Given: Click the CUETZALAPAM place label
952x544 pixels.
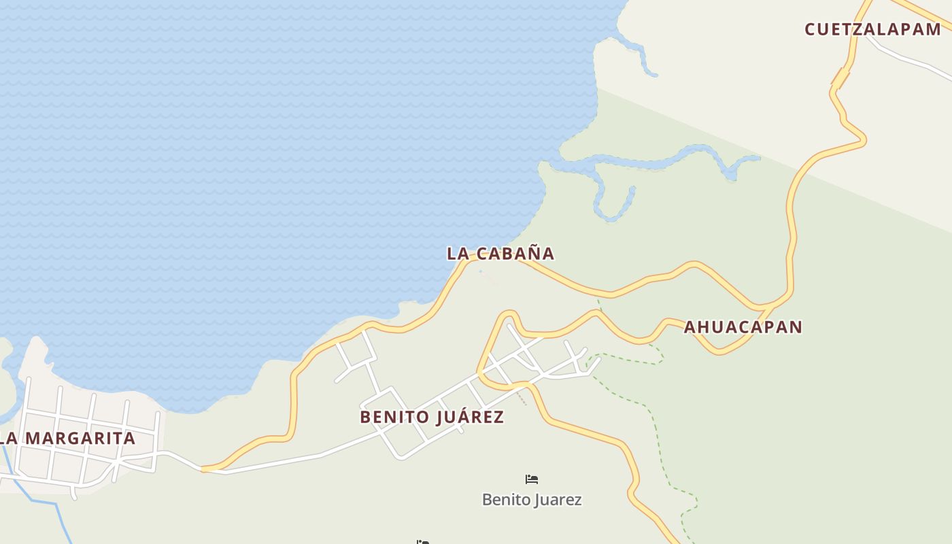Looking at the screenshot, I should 872,29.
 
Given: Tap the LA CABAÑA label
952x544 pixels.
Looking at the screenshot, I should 500,254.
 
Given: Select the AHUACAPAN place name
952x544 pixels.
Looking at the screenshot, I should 743,327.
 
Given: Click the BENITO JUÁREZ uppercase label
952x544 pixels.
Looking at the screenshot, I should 432,417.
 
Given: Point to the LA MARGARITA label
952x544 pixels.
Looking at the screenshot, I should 68,439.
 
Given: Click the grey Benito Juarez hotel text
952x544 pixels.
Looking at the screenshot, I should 532,500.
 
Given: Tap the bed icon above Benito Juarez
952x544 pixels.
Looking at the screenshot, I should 532,479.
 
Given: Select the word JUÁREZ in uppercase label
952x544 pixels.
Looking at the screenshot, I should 469,417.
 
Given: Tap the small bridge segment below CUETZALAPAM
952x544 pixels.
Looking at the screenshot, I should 841,78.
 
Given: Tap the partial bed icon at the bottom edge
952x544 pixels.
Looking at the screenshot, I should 423,542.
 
